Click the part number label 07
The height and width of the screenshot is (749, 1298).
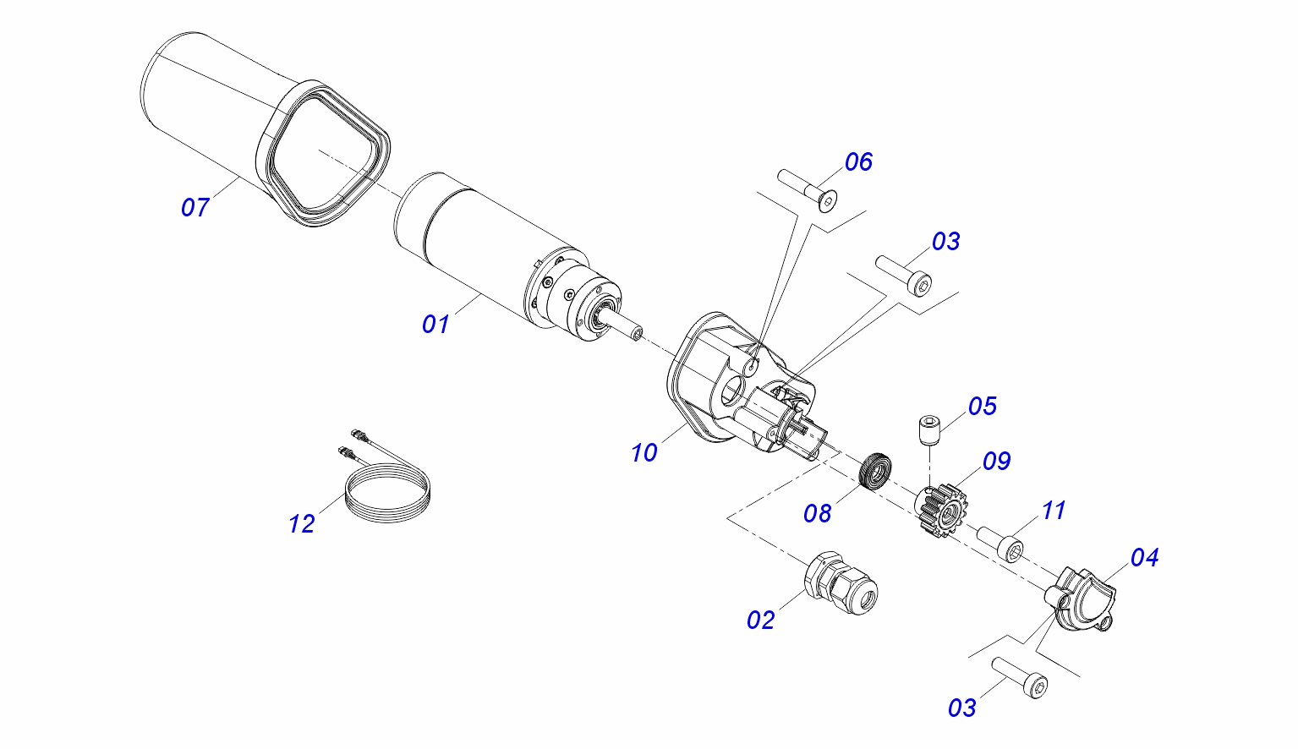tap(194, 206)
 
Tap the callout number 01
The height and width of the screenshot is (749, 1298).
tap(435, 323)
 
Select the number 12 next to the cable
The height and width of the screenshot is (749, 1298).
tap(301, 524)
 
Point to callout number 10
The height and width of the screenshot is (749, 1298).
tap(644, 453)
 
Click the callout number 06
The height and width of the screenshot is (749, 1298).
tap(858, 161)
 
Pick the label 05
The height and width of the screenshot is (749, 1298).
tap(983, 406)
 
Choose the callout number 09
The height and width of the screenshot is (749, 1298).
tap(997, 461)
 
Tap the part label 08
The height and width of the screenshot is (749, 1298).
tap(818, 513)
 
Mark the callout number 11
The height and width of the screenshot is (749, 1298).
tap(1054, 511)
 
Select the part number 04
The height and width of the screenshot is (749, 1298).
tap(1144, 557)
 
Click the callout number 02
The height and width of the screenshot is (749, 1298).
tap(760, 620)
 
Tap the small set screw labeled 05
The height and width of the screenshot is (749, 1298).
tap(929, 429)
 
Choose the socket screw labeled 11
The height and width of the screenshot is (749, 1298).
tap(1000, 543)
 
